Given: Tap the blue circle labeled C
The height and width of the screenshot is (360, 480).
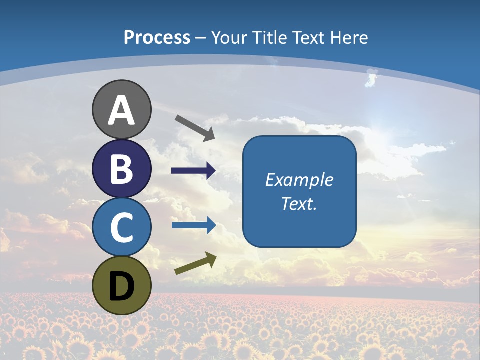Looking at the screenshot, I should [x=121, y=228].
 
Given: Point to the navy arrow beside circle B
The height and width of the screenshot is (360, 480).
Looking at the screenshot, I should [x=194, y=171].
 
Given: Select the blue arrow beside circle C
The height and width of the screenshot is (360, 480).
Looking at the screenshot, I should [x=194, y=225].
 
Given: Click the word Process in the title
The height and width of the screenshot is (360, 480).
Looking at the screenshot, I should [x=157, y=38].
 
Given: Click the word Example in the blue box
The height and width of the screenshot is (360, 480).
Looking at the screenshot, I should [x=299, y=180].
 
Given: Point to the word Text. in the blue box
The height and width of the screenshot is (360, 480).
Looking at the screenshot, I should [x=299, y=204].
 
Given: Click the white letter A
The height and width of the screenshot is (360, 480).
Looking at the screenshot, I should [x=121, y=111].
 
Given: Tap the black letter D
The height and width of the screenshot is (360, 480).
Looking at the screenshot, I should [x=121, y=287].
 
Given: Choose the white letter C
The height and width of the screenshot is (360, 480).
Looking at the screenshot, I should [x=121, y=228].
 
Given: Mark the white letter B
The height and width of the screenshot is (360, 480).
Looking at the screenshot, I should [x=121, y=170].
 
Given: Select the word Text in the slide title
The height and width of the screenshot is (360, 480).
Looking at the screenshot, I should [x=307, y=38].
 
